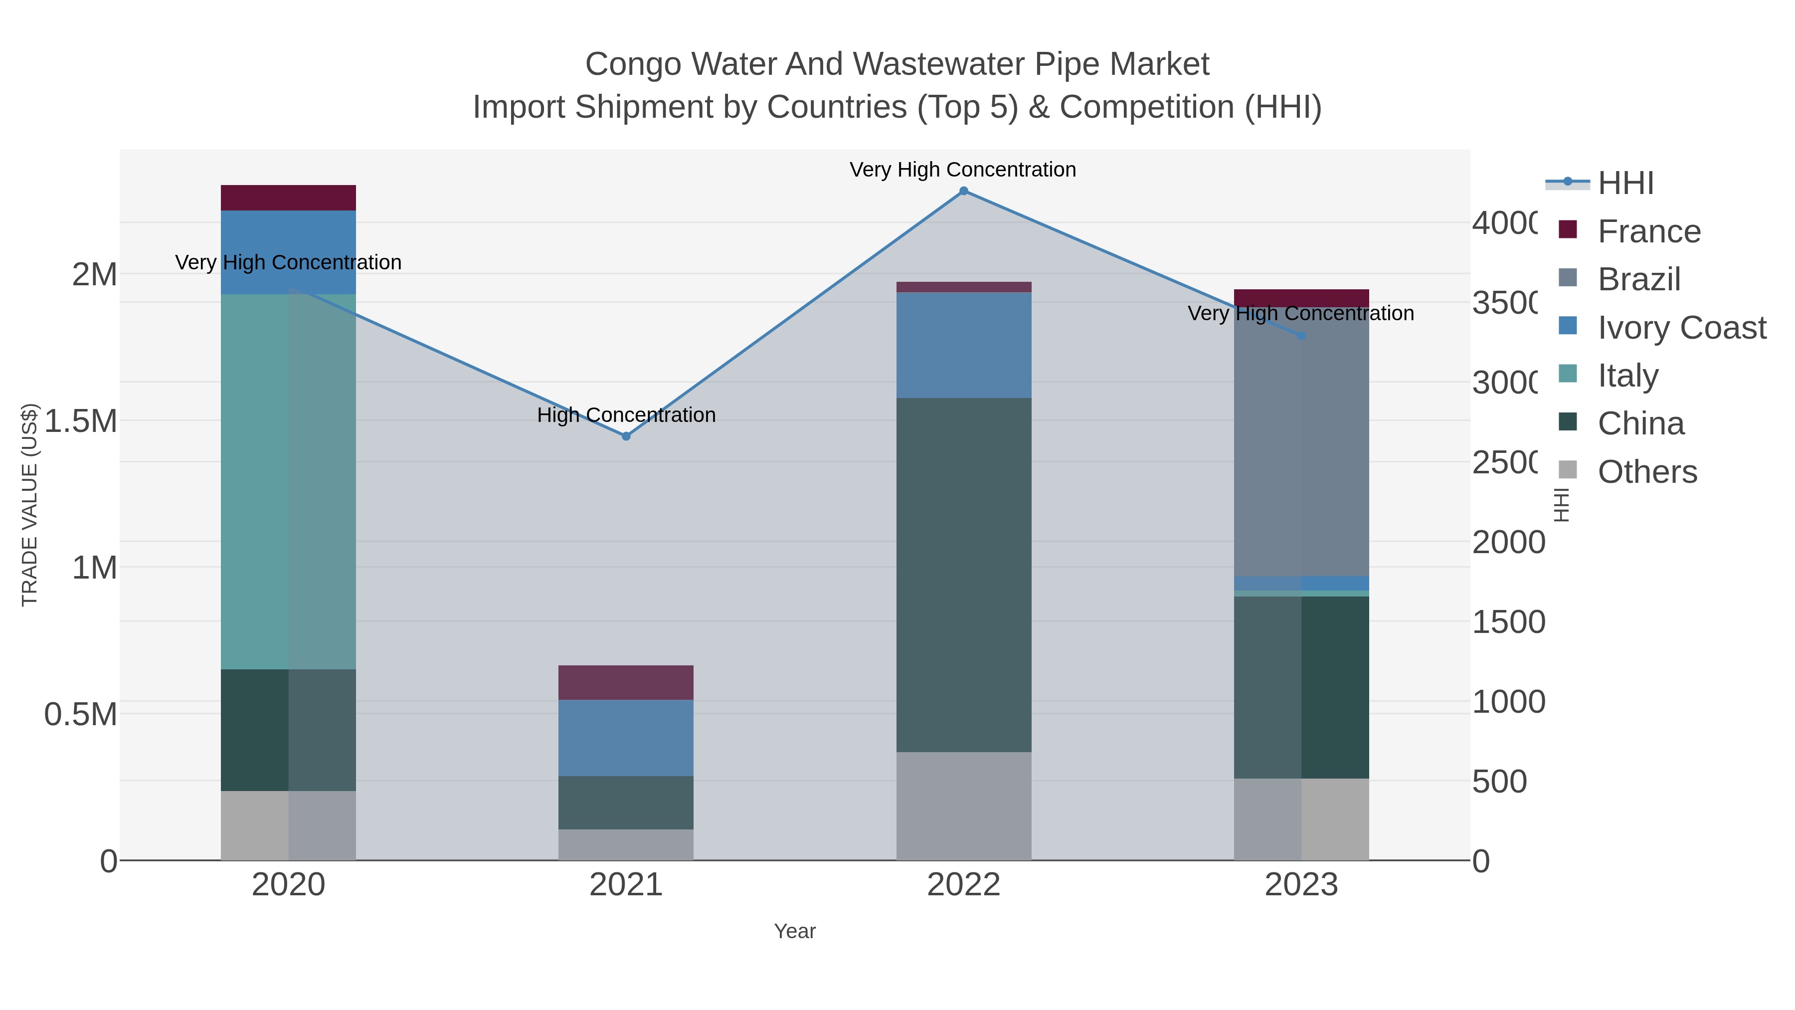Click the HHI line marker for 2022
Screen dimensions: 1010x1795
click(x=964, y=191)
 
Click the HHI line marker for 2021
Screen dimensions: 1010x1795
click(x=626, y=436)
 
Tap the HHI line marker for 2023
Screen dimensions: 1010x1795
click(x=1301, y=336)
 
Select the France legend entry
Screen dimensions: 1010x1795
click(x=1649, y=231)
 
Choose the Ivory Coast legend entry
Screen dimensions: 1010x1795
click(x=1681, y=328)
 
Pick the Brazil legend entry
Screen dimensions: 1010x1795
click(x=1639, y=279)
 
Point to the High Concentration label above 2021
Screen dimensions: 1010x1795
click(x=626, y=415)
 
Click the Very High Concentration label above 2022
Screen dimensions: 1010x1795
click(x=962, y=170)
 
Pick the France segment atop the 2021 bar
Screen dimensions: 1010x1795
click(x=625, y=682)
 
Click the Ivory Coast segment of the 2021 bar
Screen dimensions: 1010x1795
click(x=625, y=738)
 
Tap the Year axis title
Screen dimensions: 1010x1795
click(x=794, y=931)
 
